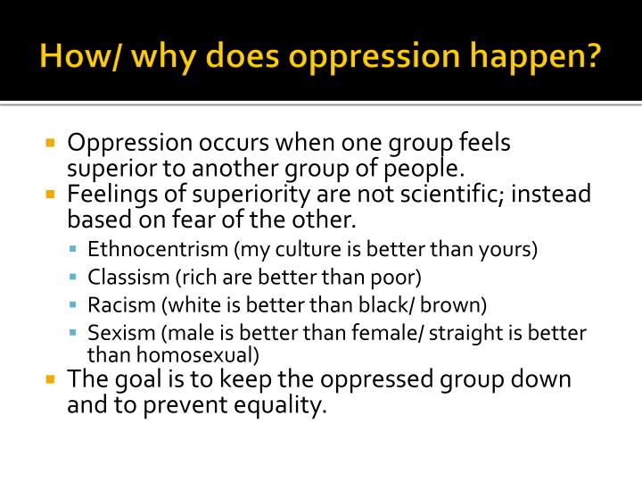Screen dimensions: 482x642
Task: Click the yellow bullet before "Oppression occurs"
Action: [51, 143]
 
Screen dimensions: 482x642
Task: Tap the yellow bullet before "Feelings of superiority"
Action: [51, 195]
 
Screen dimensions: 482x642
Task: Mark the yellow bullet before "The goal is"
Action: [51, 379]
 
